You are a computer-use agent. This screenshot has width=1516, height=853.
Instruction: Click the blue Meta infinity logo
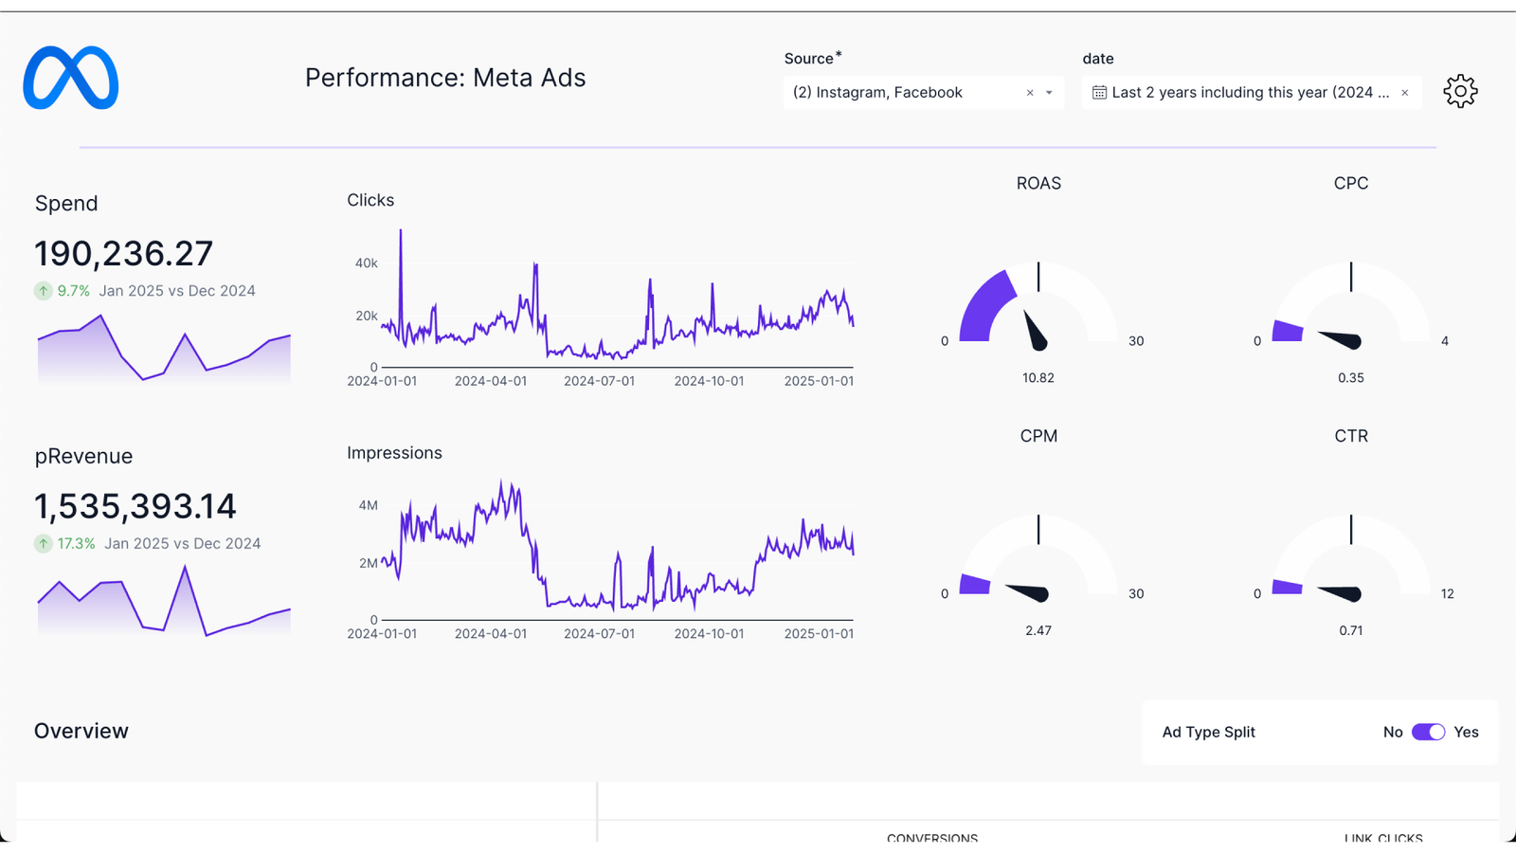pos(71,78)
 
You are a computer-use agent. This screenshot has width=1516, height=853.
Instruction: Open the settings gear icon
pos(1460,92)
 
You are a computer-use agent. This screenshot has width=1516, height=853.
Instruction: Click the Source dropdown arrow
pos(1049,93)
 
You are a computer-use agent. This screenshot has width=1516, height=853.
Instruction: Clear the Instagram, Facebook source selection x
pos(1030,93)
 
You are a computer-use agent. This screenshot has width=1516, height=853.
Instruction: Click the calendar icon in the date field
pos(1099,93)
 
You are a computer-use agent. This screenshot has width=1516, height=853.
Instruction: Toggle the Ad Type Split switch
pos(1428,732)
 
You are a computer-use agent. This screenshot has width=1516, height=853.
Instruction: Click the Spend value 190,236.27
pos(124,254)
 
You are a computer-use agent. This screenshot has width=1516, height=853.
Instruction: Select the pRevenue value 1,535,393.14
pos(135,507)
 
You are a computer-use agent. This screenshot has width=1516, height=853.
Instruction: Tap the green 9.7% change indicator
pos(73,291)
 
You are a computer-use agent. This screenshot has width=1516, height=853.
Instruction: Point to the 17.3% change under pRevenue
pos(76,544)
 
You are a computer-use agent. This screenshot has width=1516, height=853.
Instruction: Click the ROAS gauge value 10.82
pos(1038,378)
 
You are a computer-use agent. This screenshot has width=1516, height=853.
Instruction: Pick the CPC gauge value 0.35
pos(1350,378)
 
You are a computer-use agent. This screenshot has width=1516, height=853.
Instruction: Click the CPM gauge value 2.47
pos(1038,630)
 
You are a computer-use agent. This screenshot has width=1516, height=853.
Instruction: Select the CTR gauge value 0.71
pos(1350,630)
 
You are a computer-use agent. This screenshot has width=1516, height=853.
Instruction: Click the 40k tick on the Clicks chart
pos(366,263)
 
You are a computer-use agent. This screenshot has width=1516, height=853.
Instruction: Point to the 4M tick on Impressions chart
pos(368,505)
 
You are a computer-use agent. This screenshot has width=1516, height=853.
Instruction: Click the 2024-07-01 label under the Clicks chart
pos(599,381)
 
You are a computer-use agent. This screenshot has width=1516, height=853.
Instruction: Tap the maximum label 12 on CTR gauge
pos(1447,594)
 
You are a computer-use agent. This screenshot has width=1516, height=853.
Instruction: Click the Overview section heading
pos(81,731)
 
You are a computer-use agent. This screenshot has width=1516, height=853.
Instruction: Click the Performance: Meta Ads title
pos(445,78)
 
